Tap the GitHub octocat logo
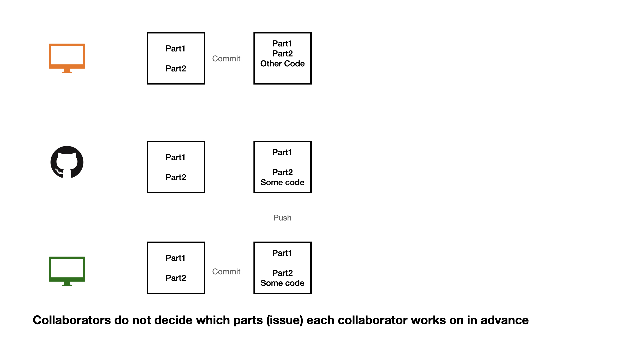pos(67,162)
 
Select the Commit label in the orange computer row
pos(226,59)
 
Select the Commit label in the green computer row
pos(226,272)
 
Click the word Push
pos(282,218)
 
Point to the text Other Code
pos(282,64)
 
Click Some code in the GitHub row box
pos(282,182)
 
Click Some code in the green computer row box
pos(282,283)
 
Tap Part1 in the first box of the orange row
pos(175,49)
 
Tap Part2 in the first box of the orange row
pos(176,69)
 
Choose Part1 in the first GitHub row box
pos(175,157)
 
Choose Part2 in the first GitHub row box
pos(176,177)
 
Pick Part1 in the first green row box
pos(175,258)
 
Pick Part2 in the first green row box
pos(176,278)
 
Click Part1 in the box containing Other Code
pos(282,44)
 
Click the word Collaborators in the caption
pos(72,320)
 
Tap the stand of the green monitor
pos(67,284)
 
